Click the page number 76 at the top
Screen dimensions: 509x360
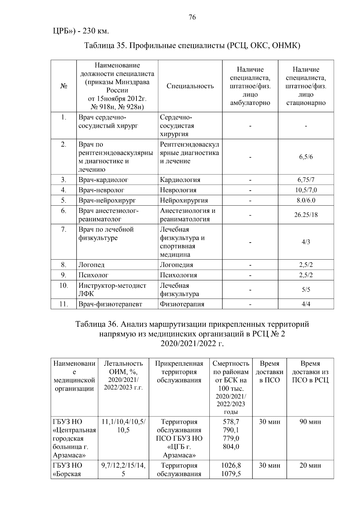(192, 17)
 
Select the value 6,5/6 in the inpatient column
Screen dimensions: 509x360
(306, 157)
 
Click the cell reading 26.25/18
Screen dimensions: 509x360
(306, 215)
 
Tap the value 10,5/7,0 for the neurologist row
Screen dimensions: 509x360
(306, 190)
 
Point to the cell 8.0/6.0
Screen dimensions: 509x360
(306, 200)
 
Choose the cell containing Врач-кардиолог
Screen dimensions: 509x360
(103, 180)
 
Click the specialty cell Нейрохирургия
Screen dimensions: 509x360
(184, 200)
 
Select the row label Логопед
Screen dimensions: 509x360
(91, 265)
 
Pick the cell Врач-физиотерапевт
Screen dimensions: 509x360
(110, 304)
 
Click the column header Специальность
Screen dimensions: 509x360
(190, 86)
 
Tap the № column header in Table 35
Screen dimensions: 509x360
(64, 86)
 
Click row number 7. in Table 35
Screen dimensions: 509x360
(64, 230)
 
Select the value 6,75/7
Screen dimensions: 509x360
(306, 180)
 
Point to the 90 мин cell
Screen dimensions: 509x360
(310, 422)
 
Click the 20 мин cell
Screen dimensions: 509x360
(310, 466)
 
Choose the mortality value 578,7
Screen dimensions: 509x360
(231, 422)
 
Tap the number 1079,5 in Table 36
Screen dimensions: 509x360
(231, 474)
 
